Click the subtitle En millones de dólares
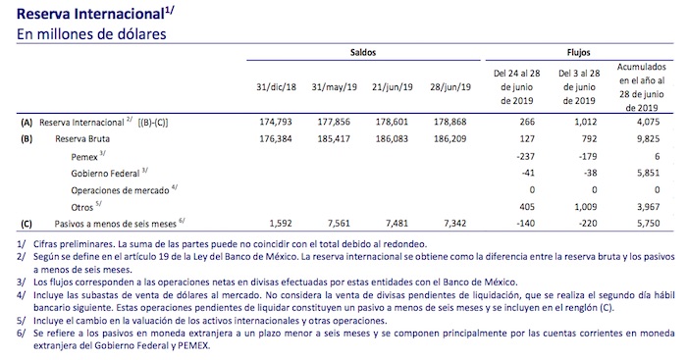91,33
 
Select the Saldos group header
362,51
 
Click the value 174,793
275,123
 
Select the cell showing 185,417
335,138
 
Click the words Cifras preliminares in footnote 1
64,242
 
